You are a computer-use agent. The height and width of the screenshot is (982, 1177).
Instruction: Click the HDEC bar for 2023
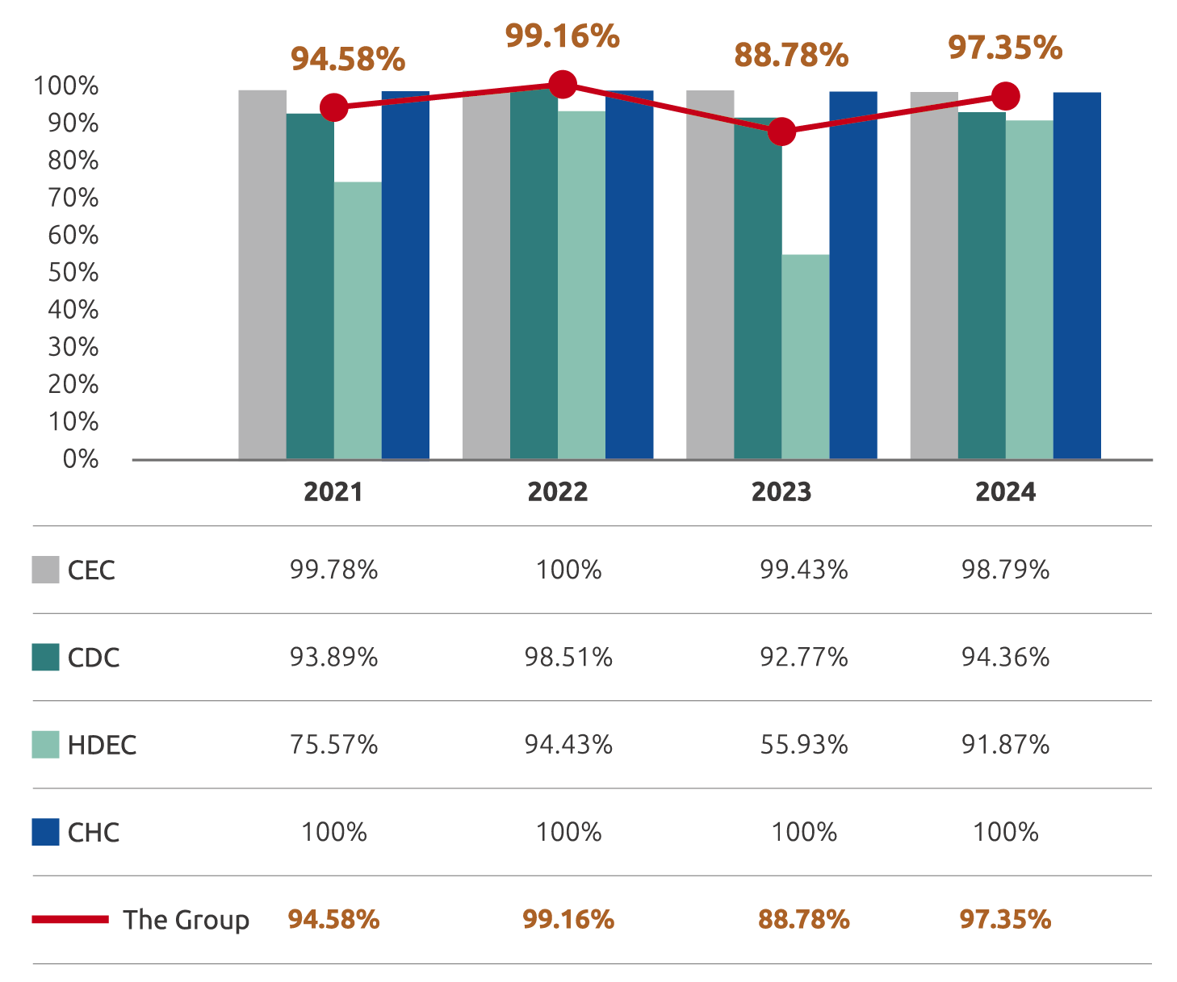(805, 357)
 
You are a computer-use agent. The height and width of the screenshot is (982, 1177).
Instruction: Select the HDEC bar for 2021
(358, 320)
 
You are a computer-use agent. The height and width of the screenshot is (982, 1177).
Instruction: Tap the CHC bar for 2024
(1077, 275)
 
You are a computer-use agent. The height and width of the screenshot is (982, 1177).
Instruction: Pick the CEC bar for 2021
(262, 274)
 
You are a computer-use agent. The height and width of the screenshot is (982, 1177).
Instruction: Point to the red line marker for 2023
(781, 132)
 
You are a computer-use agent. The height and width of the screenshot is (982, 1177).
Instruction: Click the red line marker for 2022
(562, 84)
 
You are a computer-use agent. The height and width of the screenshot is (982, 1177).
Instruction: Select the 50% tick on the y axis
(73, 273)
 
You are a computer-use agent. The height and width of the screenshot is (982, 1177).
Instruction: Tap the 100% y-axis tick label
(66, 86)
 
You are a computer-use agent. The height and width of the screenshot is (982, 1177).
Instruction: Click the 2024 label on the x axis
(1005, 492)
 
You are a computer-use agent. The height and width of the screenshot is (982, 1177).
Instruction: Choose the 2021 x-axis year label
(333, 492)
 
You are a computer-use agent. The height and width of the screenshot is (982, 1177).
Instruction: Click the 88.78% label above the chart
(791, 56)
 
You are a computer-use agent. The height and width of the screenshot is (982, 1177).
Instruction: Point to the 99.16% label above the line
(563, 36)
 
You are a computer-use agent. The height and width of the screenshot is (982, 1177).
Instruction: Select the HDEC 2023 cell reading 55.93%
(804, 745)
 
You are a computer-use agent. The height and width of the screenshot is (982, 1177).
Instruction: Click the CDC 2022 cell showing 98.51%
(568, 658)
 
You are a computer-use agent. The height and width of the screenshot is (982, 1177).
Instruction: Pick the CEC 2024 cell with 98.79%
(1005, 570)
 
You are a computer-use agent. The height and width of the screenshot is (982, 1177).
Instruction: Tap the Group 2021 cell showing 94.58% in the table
(333, 920)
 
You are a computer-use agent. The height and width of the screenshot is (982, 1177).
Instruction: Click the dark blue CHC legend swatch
(45, 832)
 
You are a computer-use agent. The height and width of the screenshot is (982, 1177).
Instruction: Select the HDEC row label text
(103, 745)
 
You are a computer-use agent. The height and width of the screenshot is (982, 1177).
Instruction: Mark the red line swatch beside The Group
(70, 919)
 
